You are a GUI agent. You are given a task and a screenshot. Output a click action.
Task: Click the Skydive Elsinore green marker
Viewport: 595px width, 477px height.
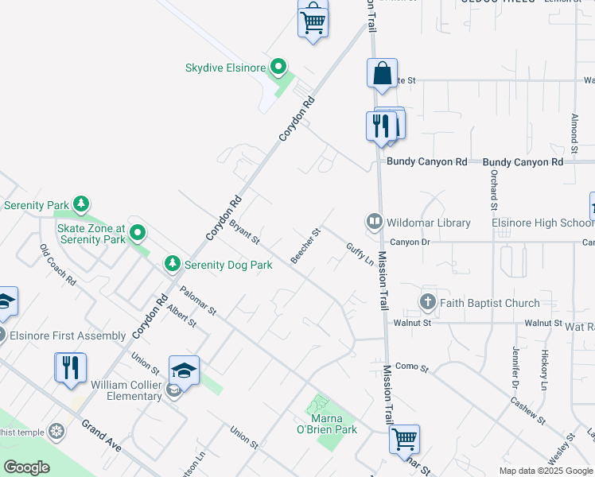point(278,68)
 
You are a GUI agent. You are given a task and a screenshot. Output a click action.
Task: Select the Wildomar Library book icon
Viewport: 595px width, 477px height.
point(373,222)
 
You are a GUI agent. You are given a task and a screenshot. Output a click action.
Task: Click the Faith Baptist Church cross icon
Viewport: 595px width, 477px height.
point(428,302)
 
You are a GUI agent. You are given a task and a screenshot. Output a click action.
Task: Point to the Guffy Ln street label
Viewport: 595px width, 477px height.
point(360,255)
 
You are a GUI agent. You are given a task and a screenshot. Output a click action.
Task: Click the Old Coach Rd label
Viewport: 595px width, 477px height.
point(57,265)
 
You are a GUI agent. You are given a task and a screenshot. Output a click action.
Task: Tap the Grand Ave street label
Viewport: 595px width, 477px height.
point(100,436)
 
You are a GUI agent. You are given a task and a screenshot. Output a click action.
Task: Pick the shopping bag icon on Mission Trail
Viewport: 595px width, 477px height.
point(382,73)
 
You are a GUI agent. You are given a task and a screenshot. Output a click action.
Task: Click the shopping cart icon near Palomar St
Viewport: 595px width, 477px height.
point(404,438)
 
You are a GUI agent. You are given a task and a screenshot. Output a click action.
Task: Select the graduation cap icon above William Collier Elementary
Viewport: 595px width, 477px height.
point(184,370)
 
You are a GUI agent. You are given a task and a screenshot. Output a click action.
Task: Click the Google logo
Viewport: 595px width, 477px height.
point(26,467)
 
